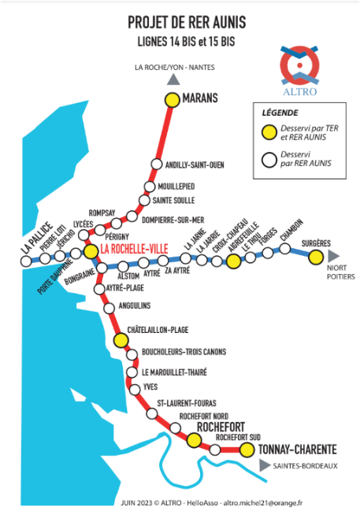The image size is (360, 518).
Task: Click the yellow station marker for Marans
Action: click(x=172, y=100)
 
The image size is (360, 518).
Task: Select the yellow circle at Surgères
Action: click(x=316, y=257)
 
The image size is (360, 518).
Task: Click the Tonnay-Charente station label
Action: click(x=298, y=450)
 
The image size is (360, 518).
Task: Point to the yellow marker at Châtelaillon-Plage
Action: click(x=120, y=340)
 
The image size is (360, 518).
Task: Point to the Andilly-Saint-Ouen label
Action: click(x=194, y=165)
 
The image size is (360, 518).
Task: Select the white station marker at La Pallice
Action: click(x=27, y=261)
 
